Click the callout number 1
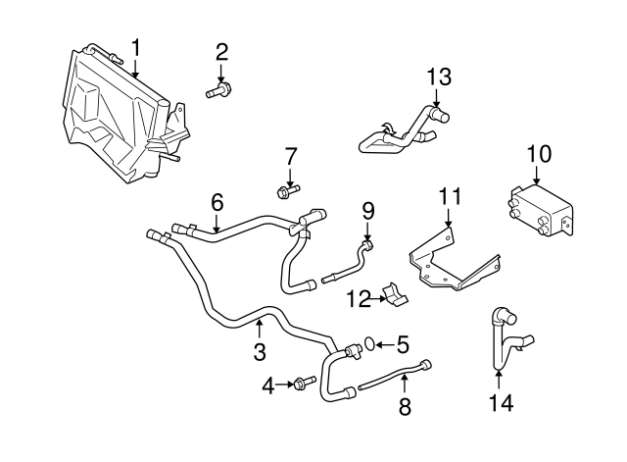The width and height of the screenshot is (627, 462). [136, 46]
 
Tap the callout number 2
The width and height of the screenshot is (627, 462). [221, 51]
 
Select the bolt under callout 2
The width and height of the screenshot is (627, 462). [217, 93]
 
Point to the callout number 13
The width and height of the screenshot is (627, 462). [440, 77]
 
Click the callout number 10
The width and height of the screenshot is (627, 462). [539, 154]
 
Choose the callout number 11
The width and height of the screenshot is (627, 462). [449, 196]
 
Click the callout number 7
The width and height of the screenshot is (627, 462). [290, 155]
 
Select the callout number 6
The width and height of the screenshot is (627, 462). [217, 202]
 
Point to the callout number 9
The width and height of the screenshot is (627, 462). [368, 210]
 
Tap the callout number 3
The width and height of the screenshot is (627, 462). [260, 350]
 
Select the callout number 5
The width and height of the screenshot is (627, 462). [404, 344]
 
